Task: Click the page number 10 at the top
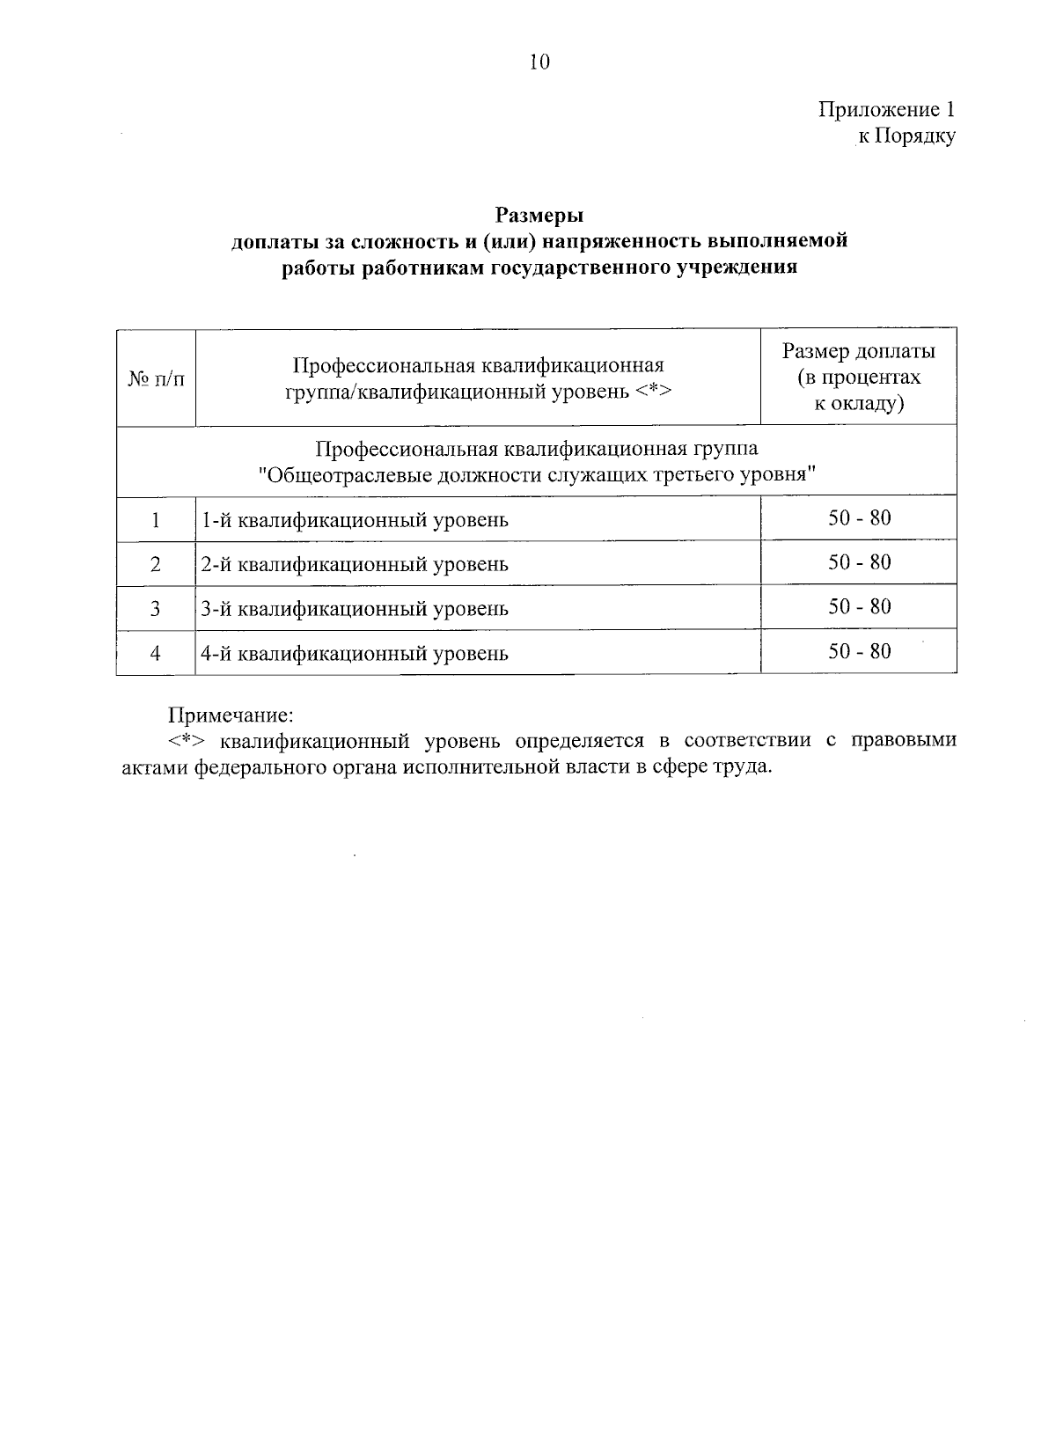[539, 62]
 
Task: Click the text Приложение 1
[886, 110]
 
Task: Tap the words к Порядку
[906, 136]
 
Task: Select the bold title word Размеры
[539, 215]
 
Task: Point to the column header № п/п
[156, 378]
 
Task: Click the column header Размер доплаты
[858, 351]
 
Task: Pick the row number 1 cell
[156, 519]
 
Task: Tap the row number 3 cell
[156, 608]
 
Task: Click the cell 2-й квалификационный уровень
[355, 564]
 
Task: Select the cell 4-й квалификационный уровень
[355, 654]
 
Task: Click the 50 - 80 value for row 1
[859, 517]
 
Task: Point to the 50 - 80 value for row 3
[859, 606]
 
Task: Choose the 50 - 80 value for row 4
[859, 651]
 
